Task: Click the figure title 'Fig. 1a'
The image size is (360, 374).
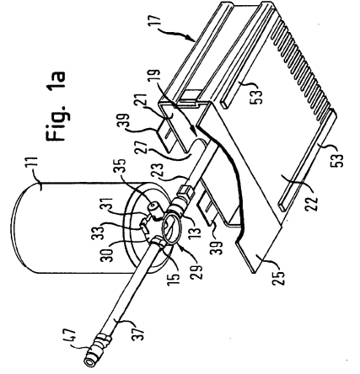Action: [x=56, y=106]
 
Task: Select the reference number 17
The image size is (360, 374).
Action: [x=160, y=23]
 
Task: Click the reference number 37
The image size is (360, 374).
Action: [x=140, y=332]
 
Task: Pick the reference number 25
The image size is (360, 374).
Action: [x=279, y=277]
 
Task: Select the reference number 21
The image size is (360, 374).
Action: [x=148, y=104]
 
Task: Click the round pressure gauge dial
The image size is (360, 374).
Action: [x=170, y=227]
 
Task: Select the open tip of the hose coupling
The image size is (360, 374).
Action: [x=90, y=363]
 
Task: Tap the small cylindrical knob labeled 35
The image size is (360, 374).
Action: [x=154, y=209]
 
